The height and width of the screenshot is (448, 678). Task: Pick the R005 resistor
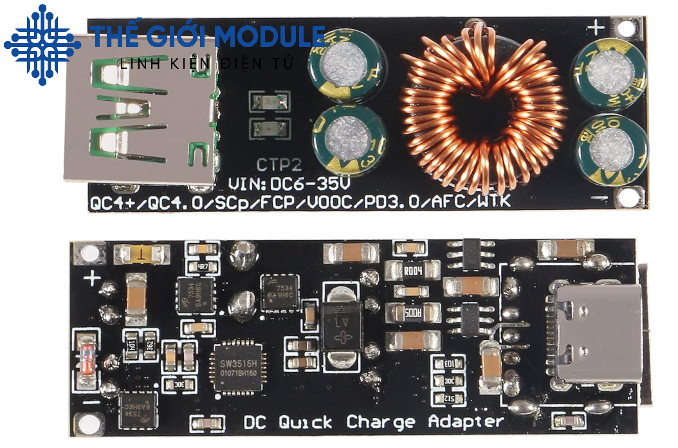click(412, 313)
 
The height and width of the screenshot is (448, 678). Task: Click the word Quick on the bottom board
click(306, 423)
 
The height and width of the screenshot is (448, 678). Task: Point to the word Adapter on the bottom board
click(466, 423)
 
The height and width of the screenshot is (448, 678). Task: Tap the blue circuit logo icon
click(42, 44)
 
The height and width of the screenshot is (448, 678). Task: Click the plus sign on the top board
click(598, 28)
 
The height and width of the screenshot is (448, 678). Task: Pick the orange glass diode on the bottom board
click(86, 353)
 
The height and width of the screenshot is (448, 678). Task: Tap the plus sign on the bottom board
click(94, 279)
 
